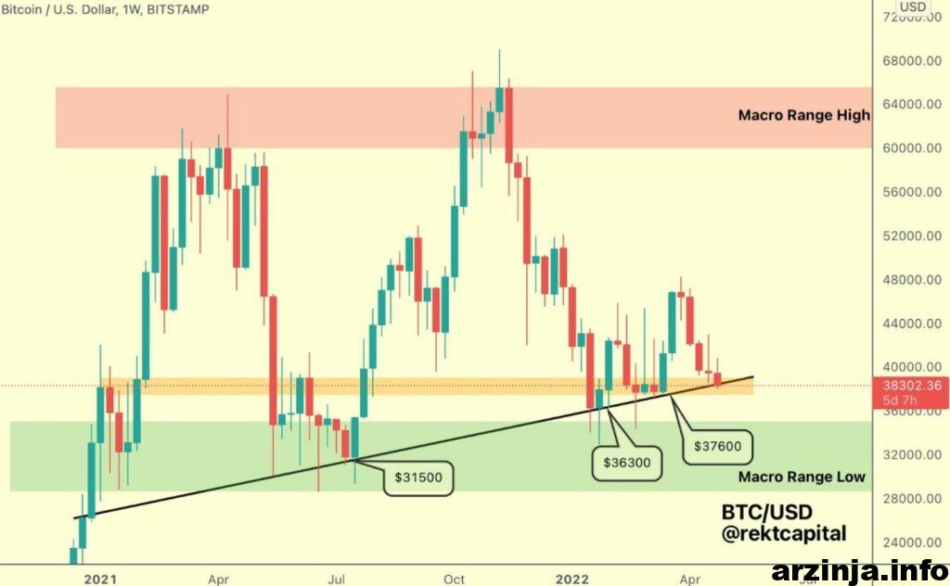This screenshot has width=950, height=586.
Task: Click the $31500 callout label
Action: pos(418,478)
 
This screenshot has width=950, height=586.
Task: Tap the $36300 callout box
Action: pos(626,463)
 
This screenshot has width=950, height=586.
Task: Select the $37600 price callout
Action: pos(717,447)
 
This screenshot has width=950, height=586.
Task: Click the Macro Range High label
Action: pos(804,115)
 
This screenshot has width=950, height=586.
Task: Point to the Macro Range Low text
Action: pos(802,477)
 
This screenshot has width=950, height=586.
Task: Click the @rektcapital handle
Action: pos(784,534)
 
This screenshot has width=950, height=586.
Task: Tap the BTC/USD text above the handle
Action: pos(766,512)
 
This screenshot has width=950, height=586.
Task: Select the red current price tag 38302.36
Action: pos(911,392)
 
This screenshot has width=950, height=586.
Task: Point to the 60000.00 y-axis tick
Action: pos(912,148)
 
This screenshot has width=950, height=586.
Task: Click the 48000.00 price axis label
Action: pos(912,280)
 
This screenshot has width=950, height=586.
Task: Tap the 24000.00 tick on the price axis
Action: pos(912,542)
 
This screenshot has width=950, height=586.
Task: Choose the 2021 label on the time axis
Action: pos(100,580)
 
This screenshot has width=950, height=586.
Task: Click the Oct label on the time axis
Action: pos(454,580)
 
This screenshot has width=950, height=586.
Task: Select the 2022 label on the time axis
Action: pos(571,580)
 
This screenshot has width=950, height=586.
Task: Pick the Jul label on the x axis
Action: pos(336,580)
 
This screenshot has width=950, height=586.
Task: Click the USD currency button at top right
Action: pos(913,6)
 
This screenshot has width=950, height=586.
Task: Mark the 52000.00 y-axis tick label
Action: pos(912,236)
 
